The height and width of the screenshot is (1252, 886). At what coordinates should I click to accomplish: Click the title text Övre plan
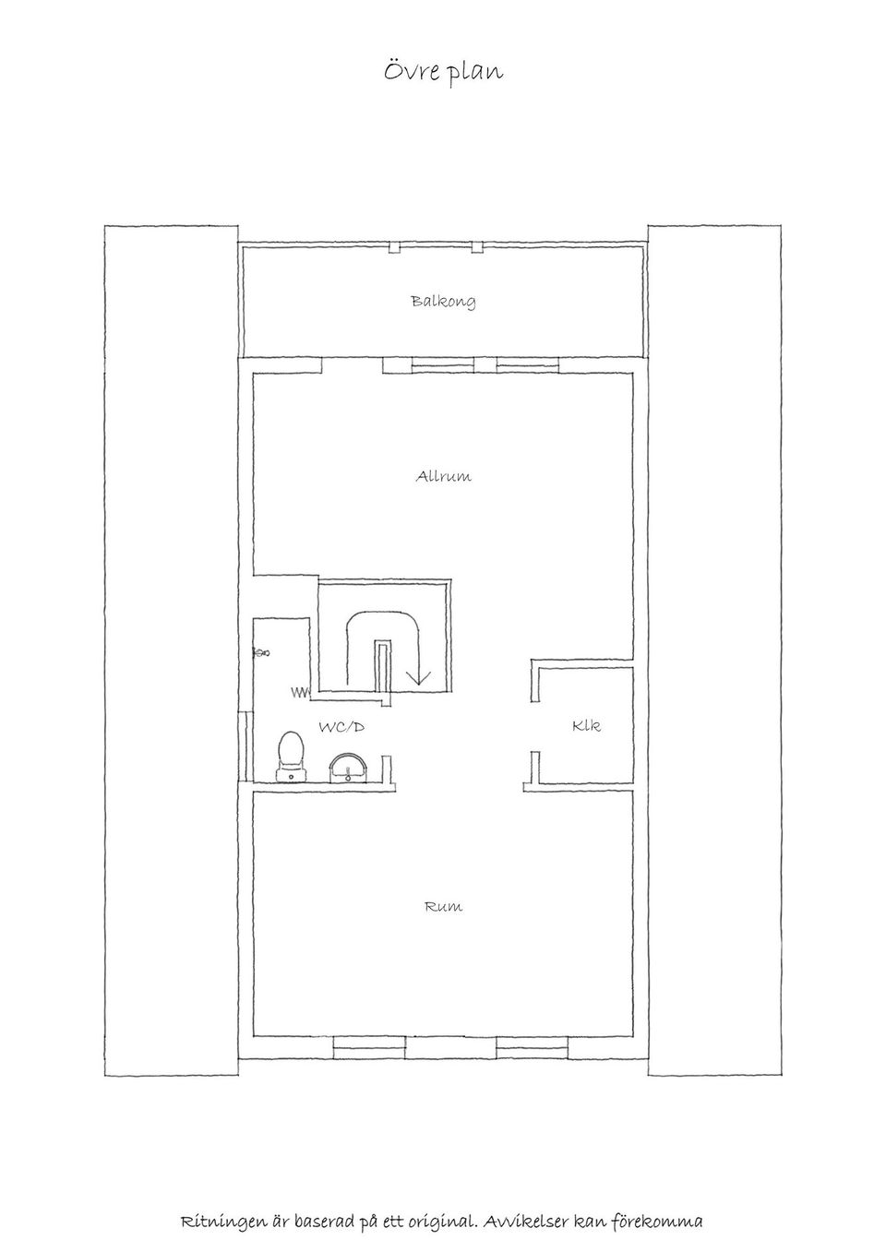pos(443,72)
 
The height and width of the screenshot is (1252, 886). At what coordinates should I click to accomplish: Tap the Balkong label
pos(444,302)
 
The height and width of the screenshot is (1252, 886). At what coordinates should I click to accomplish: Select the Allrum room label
pos(443,476)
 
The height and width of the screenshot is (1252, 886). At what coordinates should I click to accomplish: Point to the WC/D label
pos(341,727)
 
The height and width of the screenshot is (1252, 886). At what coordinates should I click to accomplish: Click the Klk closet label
pos(586,725)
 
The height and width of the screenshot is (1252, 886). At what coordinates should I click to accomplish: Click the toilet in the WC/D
pos(291,757)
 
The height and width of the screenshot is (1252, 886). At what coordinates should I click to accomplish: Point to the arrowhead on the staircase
pos(418,677)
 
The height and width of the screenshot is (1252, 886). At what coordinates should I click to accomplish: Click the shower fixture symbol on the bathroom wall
pos(261,652)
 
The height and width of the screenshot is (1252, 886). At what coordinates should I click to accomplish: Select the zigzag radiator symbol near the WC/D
pos(300,693)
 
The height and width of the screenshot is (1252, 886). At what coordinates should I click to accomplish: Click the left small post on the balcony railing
pos(395,247)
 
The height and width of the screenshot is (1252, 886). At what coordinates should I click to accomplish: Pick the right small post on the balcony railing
pos(477,247)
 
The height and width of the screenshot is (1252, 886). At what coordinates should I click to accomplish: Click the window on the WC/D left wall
pos(245,745)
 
